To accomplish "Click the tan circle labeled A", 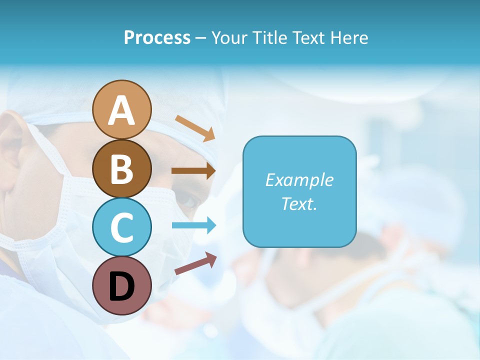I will pyautogui.click(x=122, y=109).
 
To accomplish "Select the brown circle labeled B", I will pyautogui.click(x=122, y=168).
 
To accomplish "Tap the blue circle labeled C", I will pyautogui.click(x=122, y=227).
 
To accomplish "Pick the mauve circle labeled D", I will pyautogui.click(x=122, y=285).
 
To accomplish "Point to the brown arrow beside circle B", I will pyautogui.click(x=193, y=171).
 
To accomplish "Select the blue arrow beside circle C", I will pyautogui.click(x=194, y=225).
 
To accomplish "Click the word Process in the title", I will pyautogui.click(x=157, y=37).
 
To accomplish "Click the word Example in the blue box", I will pyautogui.click(x=299, y=180).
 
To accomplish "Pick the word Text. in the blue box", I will pyautogui.click(x=299, y=203).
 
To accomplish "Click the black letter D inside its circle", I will pyautogui.click(x=122, y=286).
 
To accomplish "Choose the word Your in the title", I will pyautogui.click(x=228, y=37).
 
